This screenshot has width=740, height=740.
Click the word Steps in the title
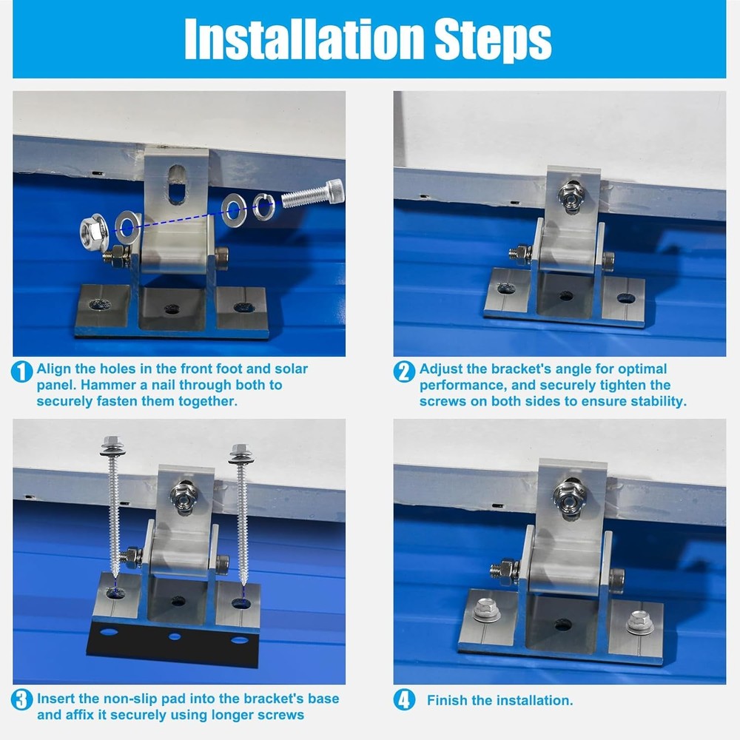[493, 41]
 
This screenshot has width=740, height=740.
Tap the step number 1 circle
[21, 371]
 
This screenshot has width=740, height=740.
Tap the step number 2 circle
[405, 371]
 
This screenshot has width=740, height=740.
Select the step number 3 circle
[21, 699]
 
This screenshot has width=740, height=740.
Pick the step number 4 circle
[405, 699]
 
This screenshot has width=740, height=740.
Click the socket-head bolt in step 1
[313, 193]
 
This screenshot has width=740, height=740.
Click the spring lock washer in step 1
[264, 206]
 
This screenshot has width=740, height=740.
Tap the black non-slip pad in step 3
[172, 643]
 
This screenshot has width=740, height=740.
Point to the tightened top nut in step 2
[571, 196]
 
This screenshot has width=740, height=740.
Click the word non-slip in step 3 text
[127, 699]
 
